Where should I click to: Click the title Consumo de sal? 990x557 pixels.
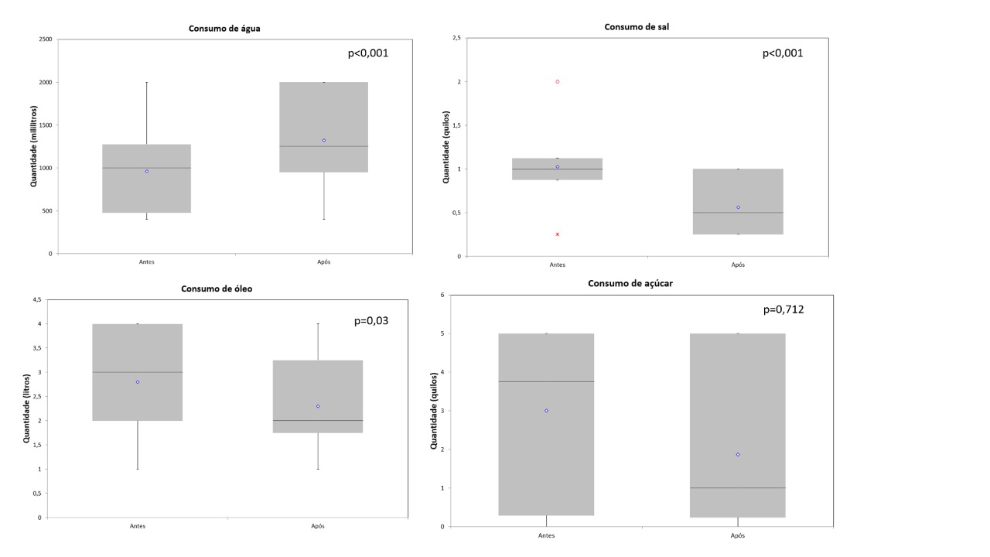click(636, 27)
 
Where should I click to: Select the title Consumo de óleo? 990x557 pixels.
click(217, 289)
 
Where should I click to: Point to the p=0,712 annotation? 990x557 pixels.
click(783, 309)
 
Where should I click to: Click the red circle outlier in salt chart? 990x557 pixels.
click(557, 81)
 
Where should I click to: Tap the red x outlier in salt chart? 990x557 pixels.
click(557, 234)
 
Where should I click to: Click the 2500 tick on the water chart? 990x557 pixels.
click(45, 39)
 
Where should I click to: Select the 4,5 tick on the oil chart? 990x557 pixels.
click(36, 300)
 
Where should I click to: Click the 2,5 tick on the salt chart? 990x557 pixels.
click(456, 38)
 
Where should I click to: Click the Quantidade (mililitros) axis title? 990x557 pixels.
click(34, 146)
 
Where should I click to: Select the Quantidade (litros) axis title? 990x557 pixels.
click(26, 408)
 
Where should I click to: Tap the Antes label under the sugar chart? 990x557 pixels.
click(547, 535)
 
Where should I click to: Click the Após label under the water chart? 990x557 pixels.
click(323, 261)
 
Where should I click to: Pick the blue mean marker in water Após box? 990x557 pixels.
click(324, 140)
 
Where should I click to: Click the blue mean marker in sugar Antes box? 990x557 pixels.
click(546, 411)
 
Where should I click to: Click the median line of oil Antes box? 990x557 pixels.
click(138, 372)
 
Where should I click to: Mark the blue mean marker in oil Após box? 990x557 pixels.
click(318, 406)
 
